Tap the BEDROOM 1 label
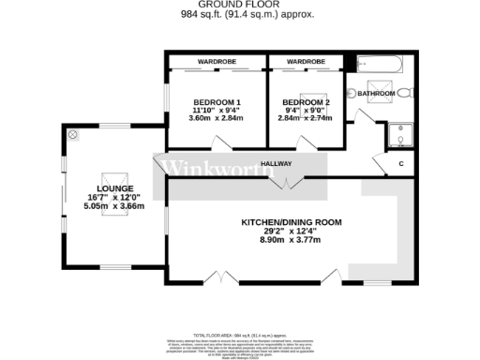point(217,101)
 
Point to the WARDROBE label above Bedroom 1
point(217,62)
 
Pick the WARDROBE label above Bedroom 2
point(305,62)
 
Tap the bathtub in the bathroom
point(380,66)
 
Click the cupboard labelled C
point(401,164)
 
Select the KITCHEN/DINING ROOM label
point(292,222)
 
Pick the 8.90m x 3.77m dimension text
point(292,240)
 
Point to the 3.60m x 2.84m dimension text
point(217,118)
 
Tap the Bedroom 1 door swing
point(221,144)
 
